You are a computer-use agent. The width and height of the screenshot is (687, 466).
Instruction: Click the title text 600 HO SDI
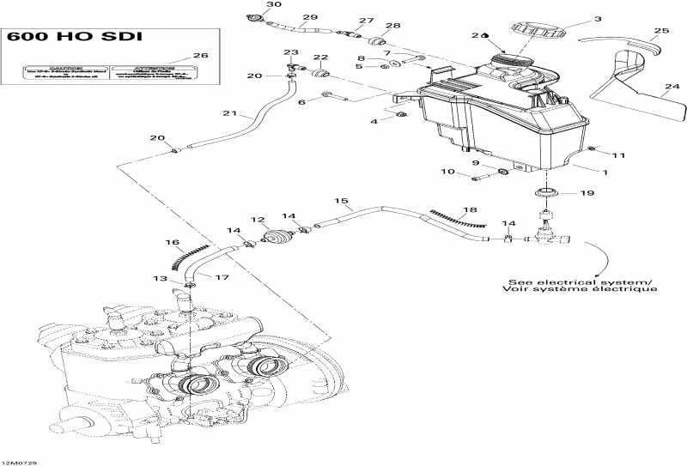72,37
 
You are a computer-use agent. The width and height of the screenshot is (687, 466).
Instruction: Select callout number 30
249,5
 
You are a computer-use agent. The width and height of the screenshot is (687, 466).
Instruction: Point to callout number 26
200,56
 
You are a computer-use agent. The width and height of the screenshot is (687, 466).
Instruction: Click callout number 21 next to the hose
228,114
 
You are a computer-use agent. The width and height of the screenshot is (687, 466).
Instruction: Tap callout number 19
587,194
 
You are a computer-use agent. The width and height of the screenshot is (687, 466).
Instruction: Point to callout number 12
257,221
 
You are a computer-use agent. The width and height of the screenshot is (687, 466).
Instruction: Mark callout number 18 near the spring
469,210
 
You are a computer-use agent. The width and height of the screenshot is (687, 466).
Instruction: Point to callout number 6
301,102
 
